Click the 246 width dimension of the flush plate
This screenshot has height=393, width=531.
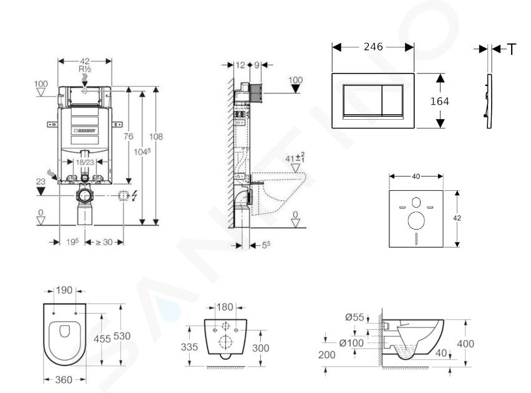pyautogui.click(x=373, y=47)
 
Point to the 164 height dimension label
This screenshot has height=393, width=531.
pyautogui.click(x=439, y=101)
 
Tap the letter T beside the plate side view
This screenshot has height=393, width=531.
pyautogui.click(x=512, y=49)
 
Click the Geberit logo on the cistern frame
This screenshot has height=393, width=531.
pyautogui.click(x=84, y=130)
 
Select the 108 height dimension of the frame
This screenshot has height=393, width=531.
pyautogui.click(x=156, y=137)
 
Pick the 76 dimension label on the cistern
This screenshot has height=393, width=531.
pyautogui.click(x=129, y=136)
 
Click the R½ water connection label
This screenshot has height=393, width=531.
pyautogui.click(x=85, y=69)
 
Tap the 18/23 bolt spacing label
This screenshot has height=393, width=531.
pyautogui.click(x=85, y=162)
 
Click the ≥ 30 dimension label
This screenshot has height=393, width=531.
pyautogui.click(x=104, y=242)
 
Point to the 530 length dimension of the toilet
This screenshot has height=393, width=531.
pyautogui.click(x=122, y=336)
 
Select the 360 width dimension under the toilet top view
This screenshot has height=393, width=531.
pyautogui.click(x=64, y=380)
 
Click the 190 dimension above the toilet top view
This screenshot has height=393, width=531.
pyautogui.click(x=64, y=290)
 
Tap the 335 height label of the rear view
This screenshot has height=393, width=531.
pyautogui.click(x=189, y=347)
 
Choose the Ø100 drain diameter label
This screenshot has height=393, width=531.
pyautogui.click(x=351, y=343)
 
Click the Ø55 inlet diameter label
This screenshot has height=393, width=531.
pyautogui.click(x=354, y=317)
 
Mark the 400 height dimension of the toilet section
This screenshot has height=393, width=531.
pyautogui.click(x=465, y=344)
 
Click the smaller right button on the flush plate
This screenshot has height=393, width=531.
pyautogui.click(x=392, y=100)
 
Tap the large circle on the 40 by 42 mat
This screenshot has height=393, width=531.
pyautogui.click(x=416, y=220)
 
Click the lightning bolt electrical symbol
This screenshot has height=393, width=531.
pyautogui.click(x=134, y=195)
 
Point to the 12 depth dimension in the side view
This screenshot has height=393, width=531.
pyautogui.click(x=240, y=65)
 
